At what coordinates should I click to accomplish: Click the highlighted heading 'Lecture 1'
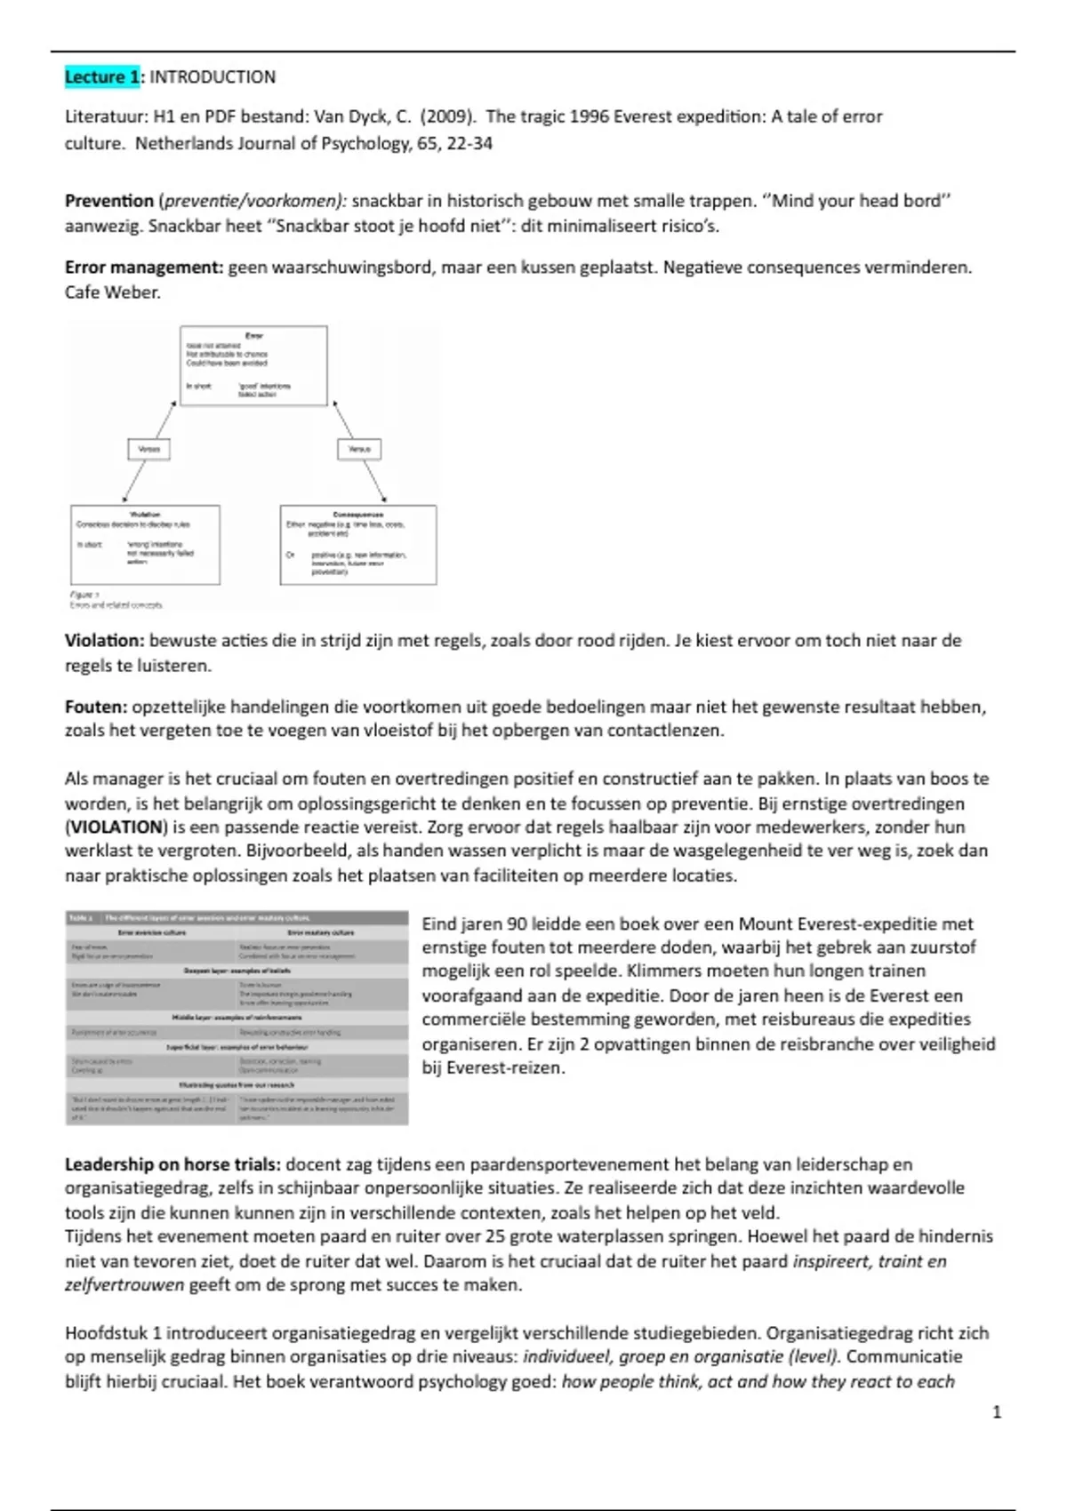click(x=101, y=77)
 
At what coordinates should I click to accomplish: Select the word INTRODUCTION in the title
click(x=213, y=77)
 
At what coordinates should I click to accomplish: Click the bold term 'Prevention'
click(x=108, y=201)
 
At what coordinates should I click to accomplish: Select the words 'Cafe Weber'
click(x=111, y=292)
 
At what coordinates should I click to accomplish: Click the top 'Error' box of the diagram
click(x=253, y=365)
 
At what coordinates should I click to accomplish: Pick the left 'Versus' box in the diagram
click(x=148, y=449)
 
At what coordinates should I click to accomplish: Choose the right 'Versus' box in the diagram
click(x=359, y=449)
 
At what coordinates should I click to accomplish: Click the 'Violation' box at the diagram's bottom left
click(x=145, y=544)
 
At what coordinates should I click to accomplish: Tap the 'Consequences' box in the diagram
click(x=357, y=544)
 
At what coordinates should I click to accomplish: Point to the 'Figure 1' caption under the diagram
click(x=85, y=595)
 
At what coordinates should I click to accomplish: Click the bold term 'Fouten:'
click(x=96, y=708)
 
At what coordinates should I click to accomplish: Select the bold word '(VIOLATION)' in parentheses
click(x=116, y=827)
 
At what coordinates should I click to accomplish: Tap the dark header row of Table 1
click(x=237, y=917)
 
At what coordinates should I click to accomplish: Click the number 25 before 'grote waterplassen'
click(x=521, y=1236)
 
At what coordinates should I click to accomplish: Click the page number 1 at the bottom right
click(x=996, y=1411)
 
